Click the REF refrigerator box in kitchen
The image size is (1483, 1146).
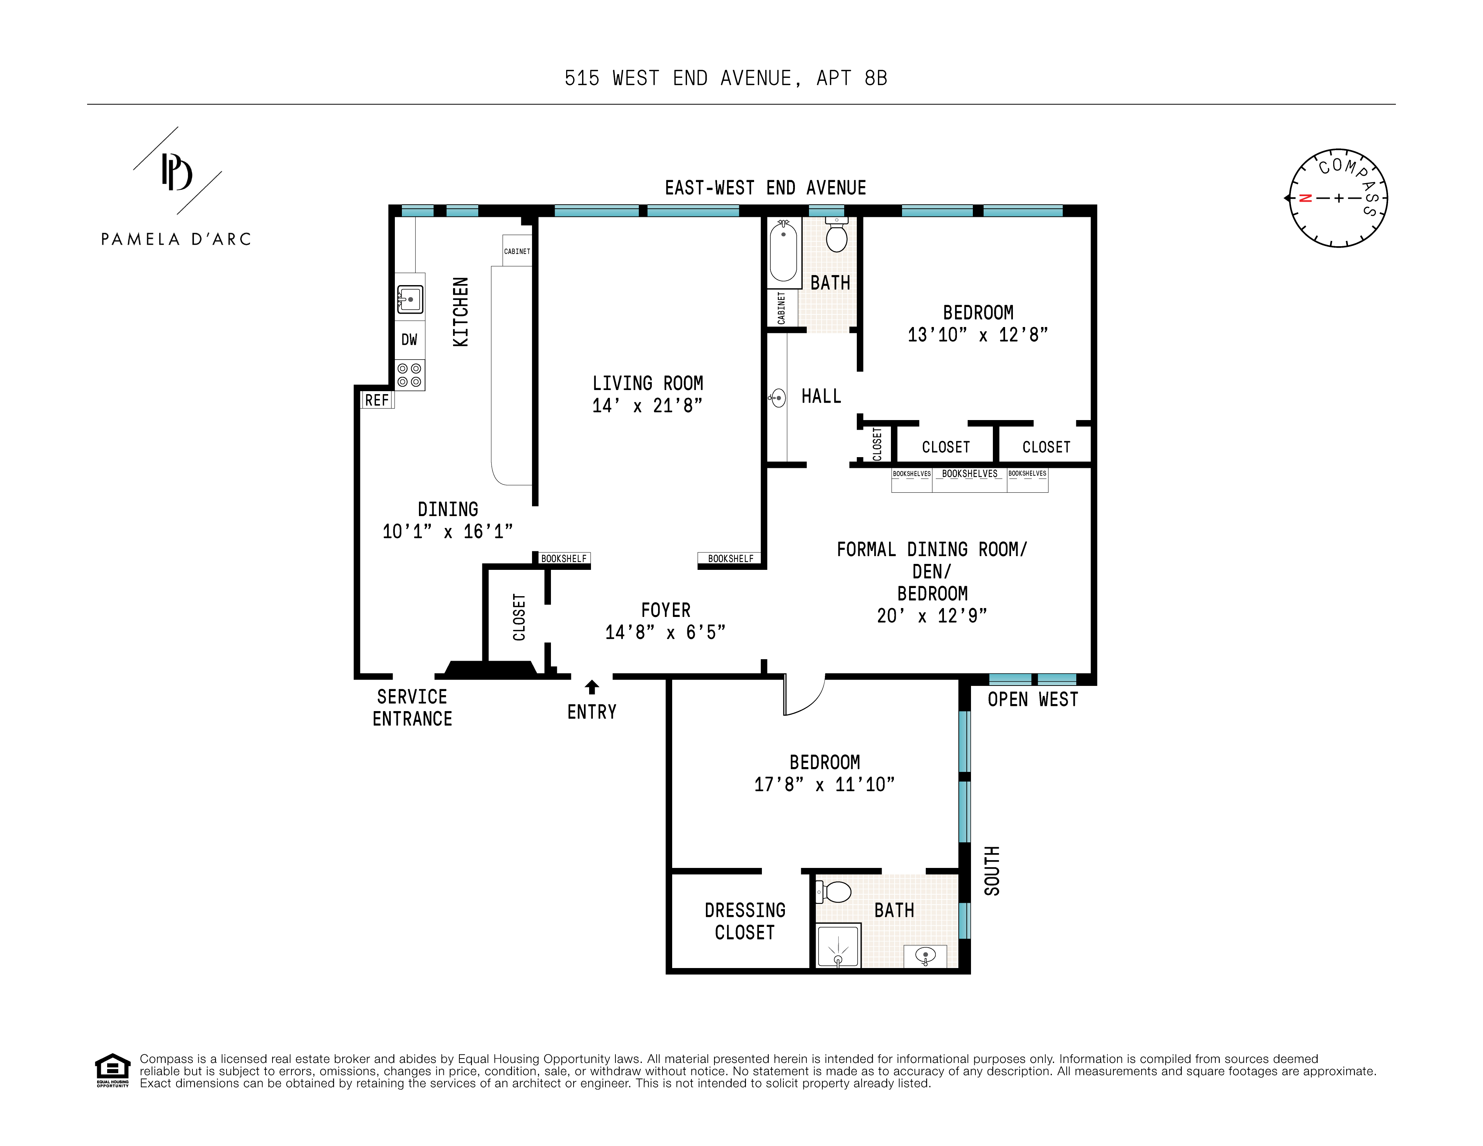pyautogui.click(x=377, y=400)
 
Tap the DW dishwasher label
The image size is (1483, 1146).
pyautogui.click(x=409, y=340)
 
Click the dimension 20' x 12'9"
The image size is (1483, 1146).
pyautogui.click(x=932, y=616)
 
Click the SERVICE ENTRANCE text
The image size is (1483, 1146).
pyautogui.click(x=412, y=707)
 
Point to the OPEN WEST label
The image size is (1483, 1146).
pyautogui.click(x=1032, y=699)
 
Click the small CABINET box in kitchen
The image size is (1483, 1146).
pyautogui.click(x=517, y=251)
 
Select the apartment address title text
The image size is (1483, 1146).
pyautogui.click(x=726, y=79)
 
